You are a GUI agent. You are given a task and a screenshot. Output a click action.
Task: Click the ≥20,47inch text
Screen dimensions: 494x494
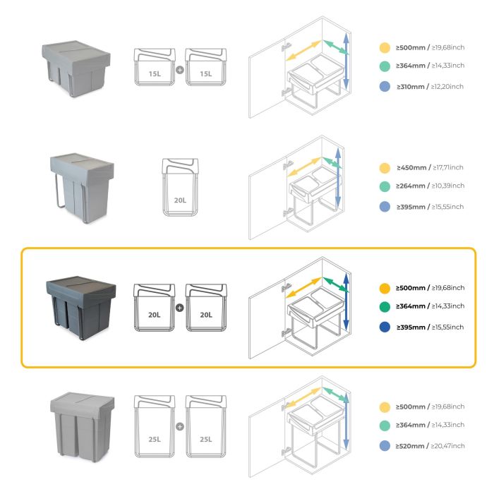tap(448, 445)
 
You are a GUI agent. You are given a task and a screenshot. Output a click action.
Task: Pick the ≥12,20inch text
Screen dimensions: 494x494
tap(448, 86)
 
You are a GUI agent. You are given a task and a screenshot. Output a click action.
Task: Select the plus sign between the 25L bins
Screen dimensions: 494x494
tap(180, 426)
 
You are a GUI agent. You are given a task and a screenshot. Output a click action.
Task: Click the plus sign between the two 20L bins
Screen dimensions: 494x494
tap(180, 308)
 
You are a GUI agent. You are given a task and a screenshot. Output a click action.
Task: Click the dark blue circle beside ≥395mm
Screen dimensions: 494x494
tap(385, 327)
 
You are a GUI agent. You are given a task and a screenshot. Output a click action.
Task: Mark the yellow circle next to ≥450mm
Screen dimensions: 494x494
tap(385, 168)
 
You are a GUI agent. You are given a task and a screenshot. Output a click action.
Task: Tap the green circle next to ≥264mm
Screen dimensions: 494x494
tap(385, 186)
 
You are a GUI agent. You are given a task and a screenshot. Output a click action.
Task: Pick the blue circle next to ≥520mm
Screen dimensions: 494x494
tap(385, 445)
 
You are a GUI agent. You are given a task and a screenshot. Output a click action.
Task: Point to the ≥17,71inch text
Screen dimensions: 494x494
tap(448, 168)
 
